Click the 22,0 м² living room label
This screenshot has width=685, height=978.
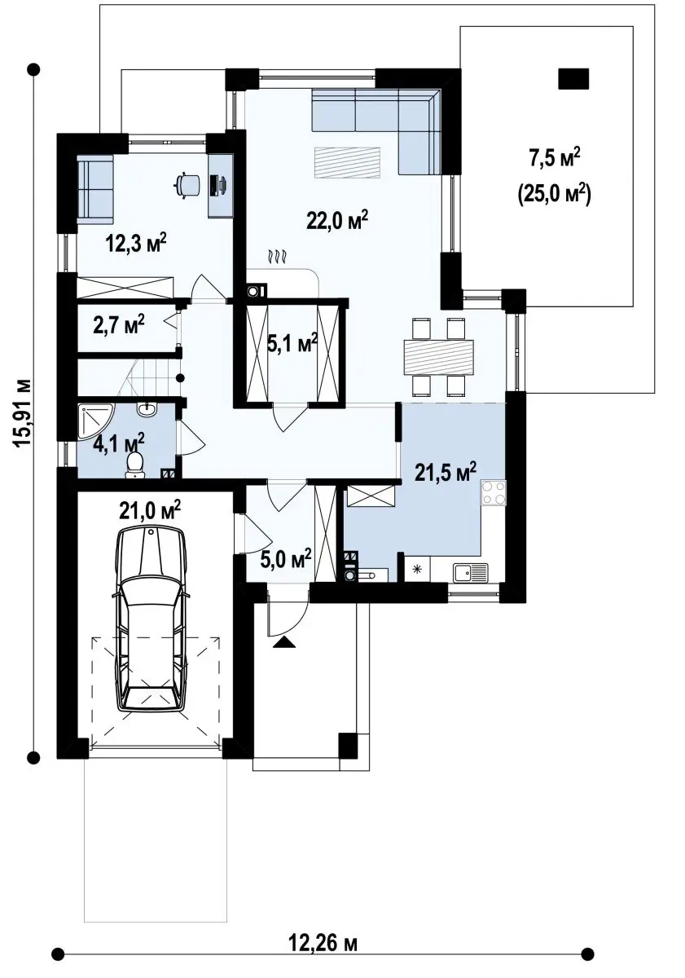(x=337, y=221)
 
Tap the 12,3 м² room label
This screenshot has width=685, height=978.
(x=136, y=243)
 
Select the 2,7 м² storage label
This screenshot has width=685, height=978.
(x=119, y=325)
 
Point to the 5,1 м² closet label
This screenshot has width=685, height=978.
(x=292, y=345)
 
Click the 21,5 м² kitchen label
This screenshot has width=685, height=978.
(x=445, y=472)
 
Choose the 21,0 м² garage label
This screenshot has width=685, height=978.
(x=150, y=510)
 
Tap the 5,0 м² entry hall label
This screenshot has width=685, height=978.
(x=286, y=558)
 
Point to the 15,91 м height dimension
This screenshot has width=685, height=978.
(x=22, y=412)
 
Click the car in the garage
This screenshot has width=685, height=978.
(x=151, y=621)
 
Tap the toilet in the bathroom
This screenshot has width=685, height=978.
(x=134, y=465)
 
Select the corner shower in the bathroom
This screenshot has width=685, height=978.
(x=96, y=421)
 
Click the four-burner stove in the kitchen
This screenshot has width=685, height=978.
(x=494, y=492)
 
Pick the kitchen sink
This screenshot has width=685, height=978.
(x=470, y=572)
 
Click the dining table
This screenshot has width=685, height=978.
(x=438, y=358)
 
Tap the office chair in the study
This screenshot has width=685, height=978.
(x=188, y=184)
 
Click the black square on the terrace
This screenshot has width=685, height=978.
(x=573, y=79)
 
